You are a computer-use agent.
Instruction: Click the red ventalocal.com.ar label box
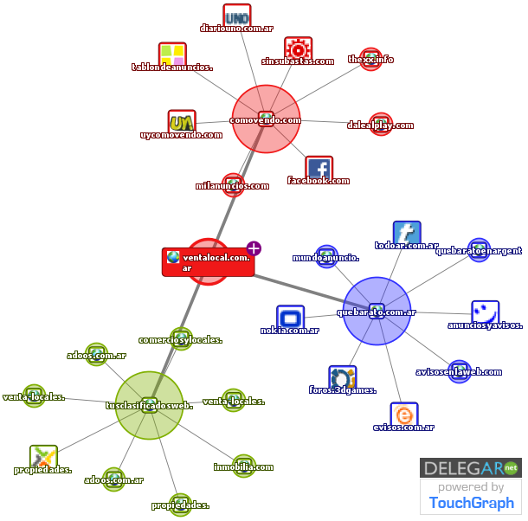[x=208, y=262]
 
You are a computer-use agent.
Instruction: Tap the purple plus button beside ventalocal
[x=254, y=249]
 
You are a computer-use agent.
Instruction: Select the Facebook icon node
[x=319, y=168]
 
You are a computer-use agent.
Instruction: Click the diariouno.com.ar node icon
[x=236, y=16]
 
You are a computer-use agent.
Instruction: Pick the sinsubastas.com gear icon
[x=298, y=48]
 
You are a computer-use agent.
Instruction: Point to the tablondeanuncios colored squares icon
[x=171, y=55]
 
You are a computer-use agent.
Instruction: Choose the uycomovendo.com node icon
[x=181, y=122]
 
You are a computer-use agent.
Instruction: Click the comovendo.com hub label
[x=266, y=120]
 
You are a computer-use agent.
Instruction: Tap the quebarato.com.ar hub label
[x=377, y=312]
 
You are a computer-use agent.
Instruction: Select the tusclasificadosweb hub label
[x=149, y=405]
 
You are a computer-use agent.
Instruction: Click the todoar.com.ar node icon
[x=406, y=233]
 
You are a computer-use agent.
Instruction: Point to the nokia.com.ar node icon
[x=290, y=318]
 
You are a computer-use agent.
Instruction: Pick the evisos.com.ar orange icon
[x=402, y=415]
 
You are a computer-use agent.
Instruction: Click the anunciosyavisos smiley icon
[x=485, y=312]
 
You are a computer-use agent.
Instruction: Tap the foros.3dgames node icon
[x=343, y=378]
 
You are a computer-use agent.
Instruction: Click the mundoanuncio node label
[x=325, y=257]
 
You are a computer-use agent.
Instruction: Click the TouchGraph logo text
[x=471, y=503]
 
